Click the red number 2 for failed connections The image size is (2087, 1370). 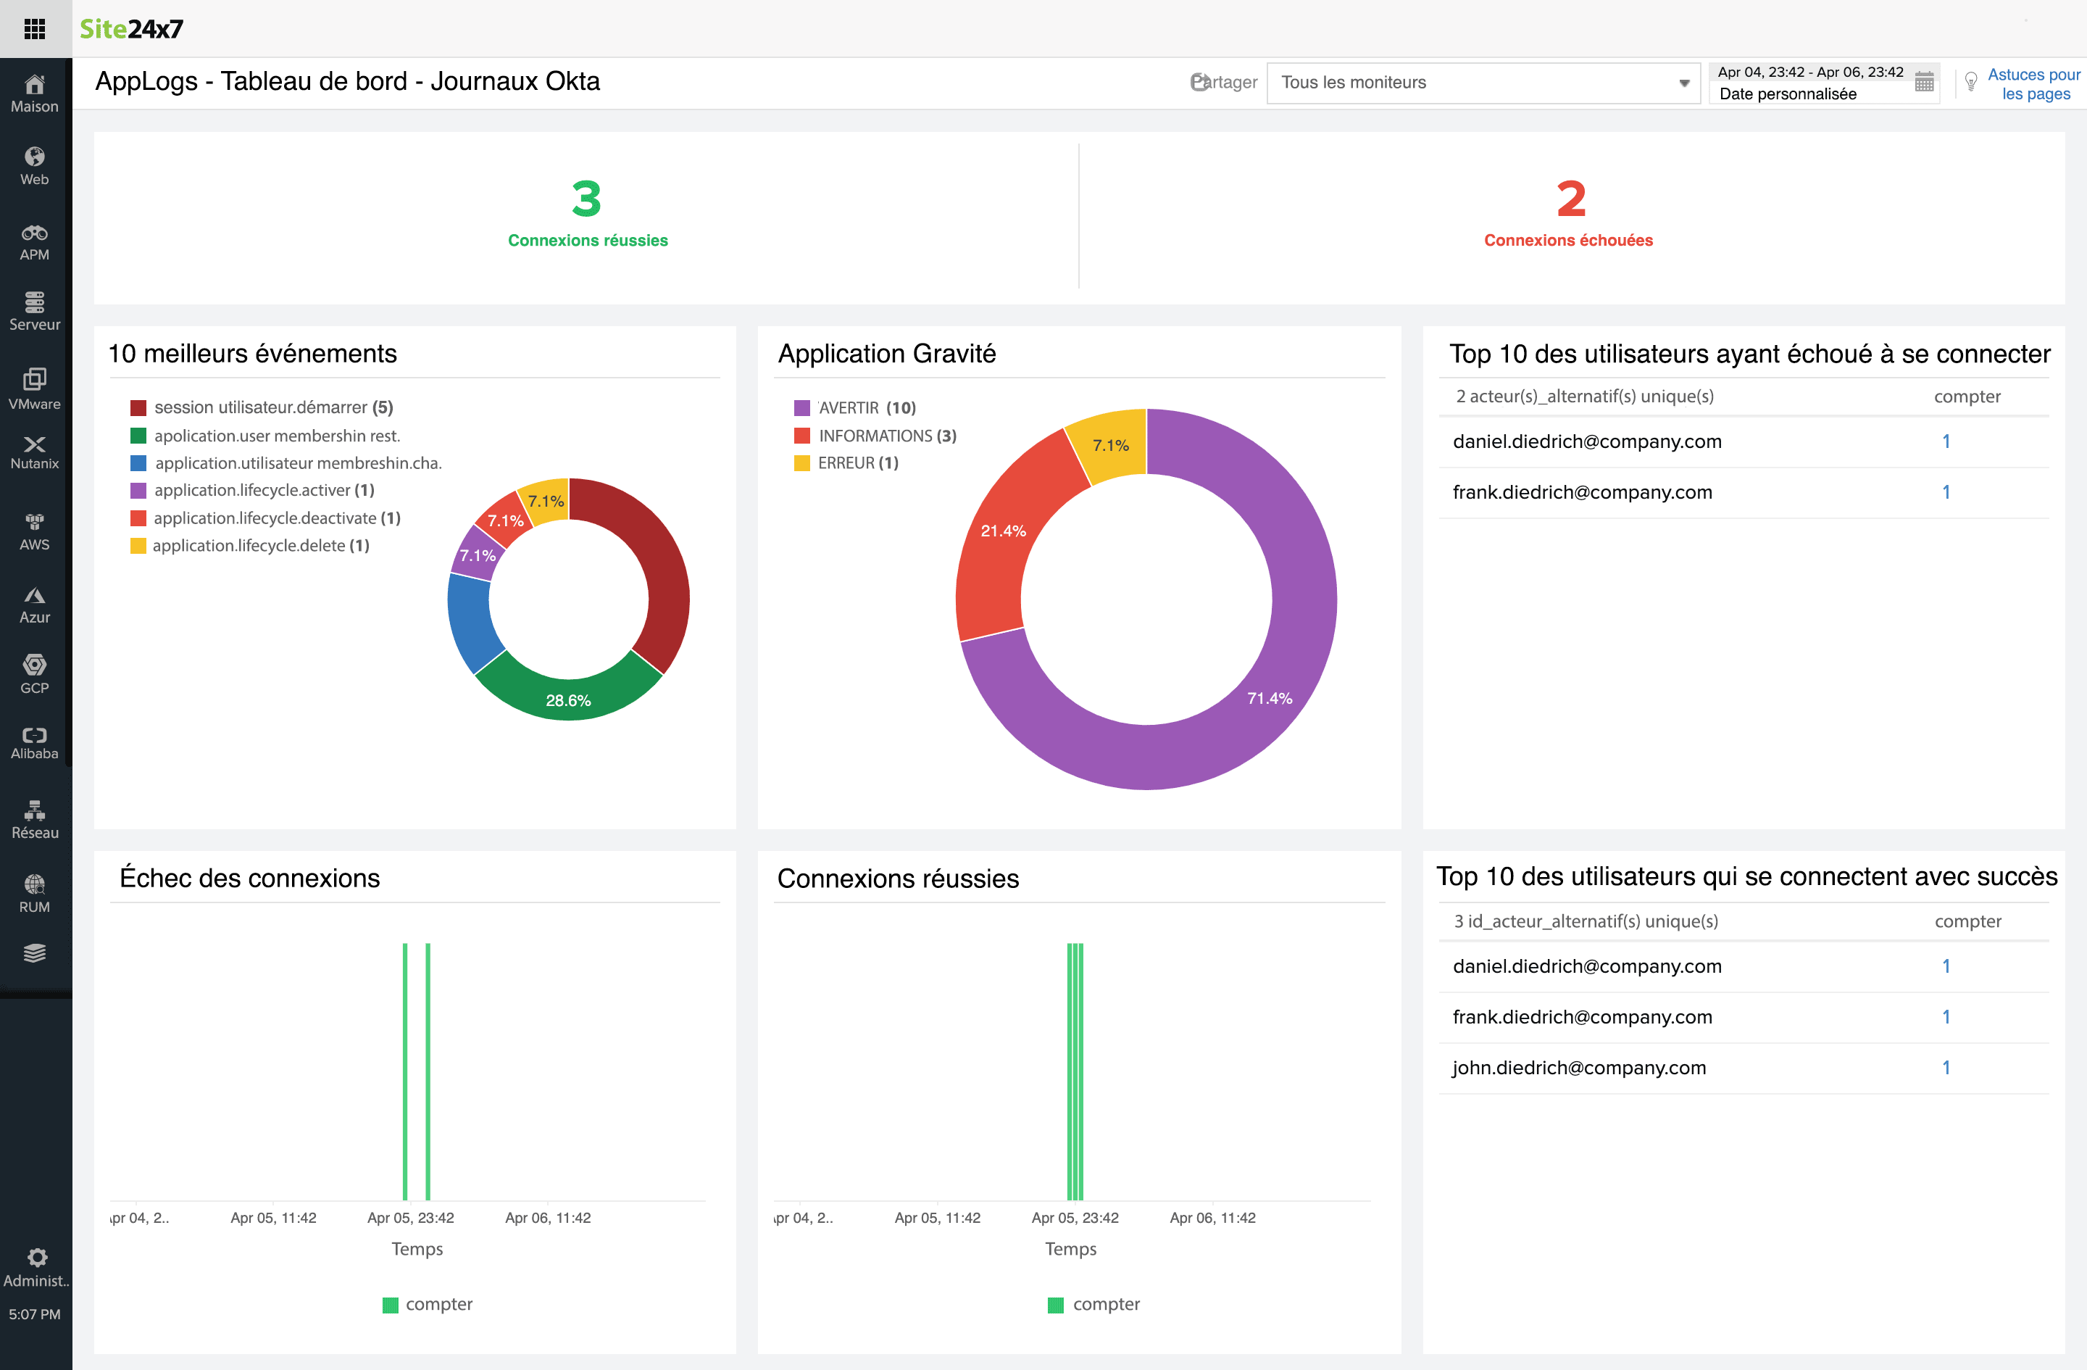pos(1570,199)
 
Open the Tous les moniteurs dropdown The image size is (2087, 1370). pos(1483,83)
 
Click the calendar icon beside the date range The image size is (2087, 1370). pos(1924,83)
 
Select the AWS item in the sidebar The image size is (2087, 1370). pos(34,531)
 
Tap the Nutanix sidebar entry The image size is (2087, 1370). pos(34,452)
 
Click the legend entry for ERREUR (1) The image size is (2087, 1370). pos(857,463)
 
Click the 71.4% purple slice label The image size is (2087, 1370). pos(1269,698)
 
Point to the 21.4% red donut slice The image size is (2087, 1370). pos(1002,531)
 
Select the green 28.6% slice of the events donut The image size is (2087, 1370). pos(568,700)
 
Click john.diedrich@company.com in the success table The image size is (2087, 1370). pos(1578,1068)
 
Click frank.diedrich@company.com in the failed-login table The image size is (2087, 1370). pos(1582,492)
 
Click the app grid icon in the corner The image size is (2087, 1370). pos(34,29)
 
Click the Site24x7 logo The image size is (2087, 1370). pos(132,29)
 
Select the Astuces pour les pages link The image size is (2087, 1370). pos(2033,84)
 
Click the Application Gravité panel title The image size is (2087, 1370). pos(886,354)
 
